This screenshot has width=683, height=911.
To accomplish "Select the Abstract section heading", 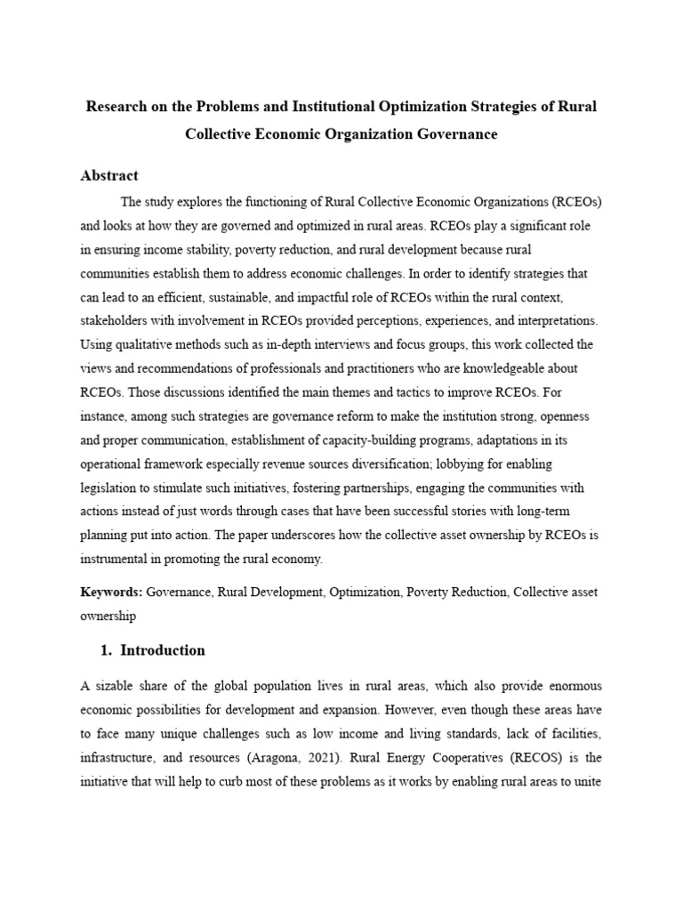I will coord(109,175).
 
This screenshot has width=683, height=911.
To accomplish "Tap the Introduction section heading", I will coord(162,650).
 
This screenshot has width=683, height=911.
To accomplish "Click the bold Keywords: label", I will coord(113,591).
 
